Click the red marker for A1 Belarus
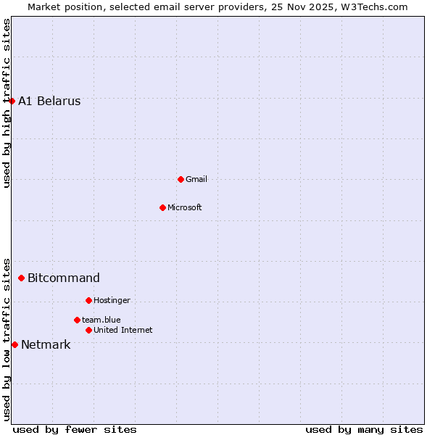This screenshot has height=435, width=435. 12,101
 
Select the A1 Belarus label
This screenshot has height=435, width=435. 49,101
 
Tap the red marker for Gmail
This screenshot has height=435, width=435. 181,179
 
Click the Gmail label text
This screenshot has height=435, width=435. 196,179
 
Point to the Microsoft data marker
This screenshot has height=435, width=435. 162,207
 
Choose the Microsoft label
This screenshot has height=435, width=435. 185,207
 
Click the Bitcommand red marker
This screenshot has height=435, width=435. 21,278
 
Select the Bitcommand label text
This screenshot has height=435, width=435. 64,278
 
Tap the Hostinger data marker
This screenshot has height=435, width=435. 88,300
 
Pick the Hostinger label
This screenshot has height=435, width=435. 112,300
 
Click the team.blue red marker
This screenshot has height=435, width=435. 77,320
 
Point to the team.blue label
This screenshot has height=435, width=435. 101,320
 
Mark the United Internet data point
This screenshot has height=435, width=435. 88,330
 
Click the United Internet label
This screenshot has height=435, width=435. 123,330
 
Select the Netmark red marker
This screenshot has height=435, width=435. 14,344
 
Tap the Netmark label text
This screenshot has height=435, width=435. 46,345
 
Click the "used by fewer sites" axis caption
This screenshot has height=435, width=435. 75,429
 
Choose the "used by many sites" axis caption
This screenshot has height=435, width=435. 364,429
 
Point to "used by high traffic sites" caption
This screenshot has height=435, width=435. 7,103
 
